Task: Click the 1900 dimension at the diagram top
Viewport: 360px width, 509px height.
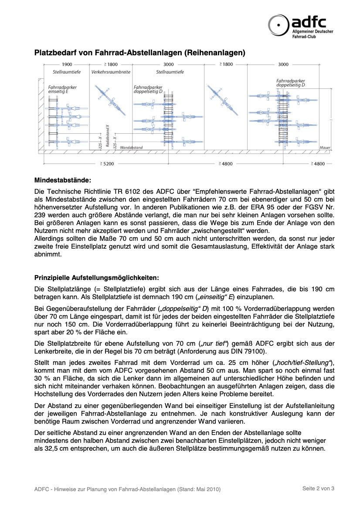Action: point(67,64)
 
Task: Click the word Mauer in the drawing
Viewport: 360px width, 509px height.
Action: point(325,148)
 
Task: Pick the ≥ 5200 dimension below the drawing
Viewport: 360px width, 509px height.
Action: point(107,164)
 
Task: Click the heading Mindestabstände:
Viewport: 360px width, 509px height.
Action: point(63,179)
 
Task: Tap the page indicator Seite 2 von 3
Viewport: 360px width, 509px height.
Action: point(319,489)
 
